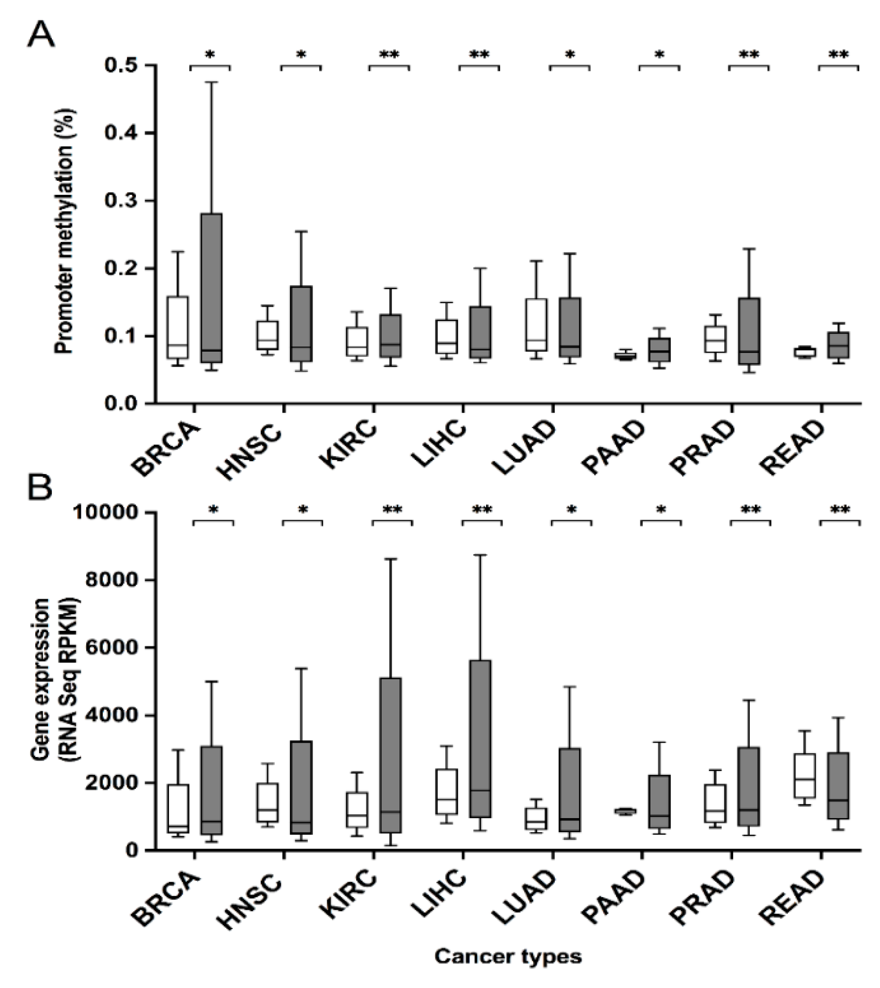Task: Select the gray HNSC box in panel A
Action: click(301, 323)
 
